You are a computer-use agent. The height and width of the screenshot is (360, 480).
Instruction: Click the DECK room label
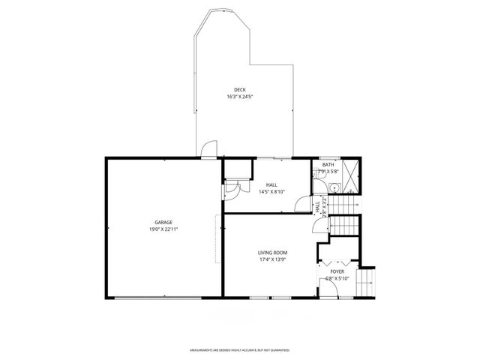(x=239, y=90)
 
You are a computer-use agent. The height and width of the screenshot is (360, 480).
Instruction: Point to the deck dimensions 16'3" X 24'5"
(x=239, y=97)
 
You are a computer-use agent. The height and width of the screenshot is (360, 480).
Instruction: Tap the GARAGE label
(x=164, y=222)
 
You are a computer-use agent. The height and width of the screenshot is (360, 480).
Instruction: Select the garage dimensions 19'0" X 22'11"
(x=164, y=229)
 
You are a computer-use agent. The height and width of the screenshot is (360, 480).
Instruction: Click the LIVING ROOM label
(x=273, y=253)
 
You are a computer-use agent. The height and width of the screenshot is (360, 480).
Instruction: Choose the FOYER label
(x=337, y=271)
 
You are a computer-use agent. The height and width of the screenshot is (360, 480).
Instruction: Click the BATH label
(x=328, y=164)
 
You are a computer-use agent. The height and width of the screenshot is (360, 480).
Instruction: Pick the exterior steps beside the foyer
(x=366, y=283)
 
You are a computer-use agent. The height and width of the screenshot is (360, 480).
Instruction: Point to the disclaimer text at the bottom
(x=239, y=349)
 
